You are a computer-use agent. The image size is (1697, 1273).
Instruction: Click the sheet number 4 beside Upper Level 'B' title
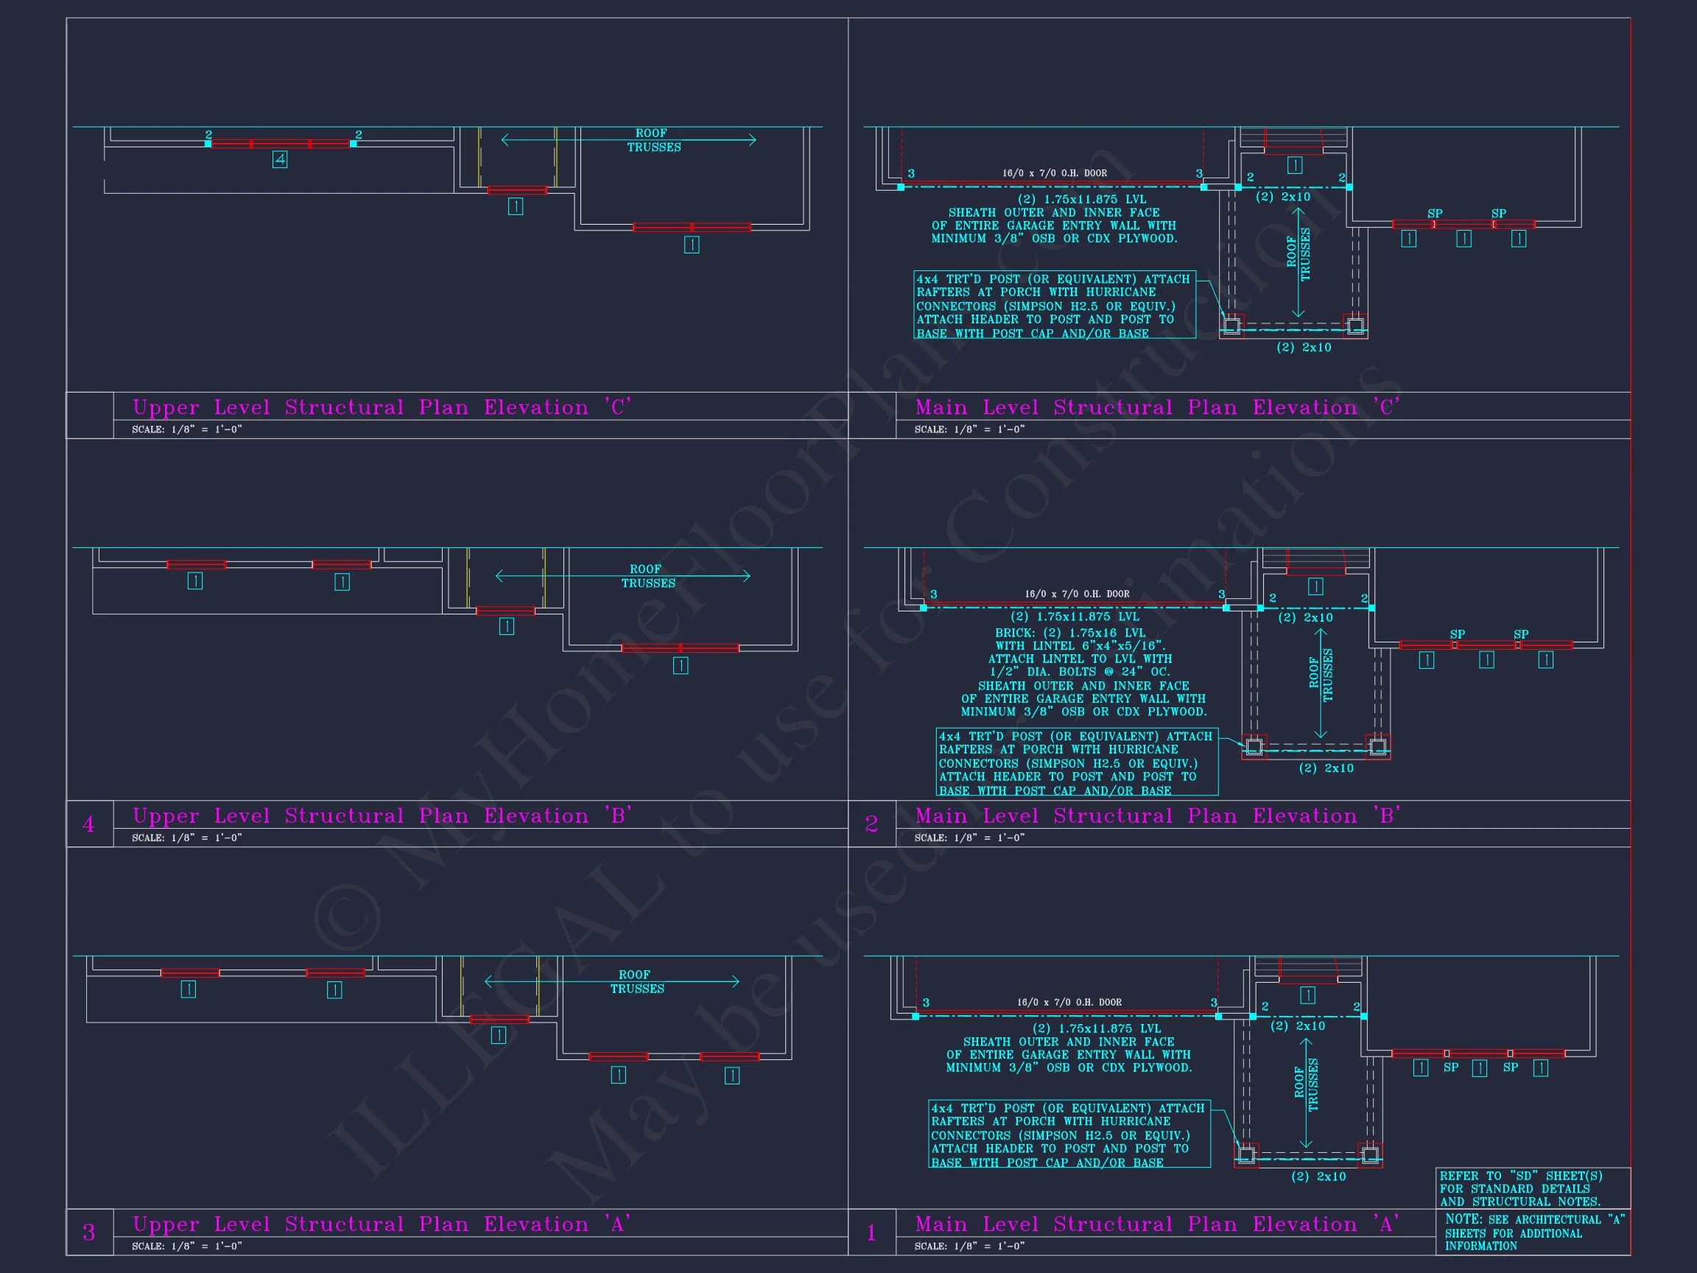click(88, 824)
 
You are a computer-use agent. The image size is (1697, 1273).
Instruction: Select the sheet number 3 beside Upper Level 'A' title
click(88, 1232)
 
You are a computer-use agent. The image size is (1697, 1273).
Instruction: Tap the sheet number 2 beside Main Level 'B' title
click(871, 824)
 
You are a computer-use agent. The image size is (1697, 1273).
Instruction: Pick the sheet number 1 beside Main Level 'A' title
click(871, 1232)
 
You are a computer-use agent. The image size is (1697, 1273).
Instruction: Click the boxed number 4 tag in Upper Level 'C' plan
click(280, 160)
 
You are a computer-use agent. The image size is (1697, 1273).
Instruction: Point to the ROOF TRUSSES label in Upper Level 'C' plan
click(653, 140)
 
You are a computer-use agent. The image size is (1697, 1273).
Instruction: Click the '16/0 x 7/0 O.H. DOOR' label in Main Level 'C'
click(1054, 173)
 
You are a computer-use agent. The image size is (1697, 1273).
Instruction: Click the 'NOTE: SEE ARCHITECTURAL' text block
click(1534, 1232)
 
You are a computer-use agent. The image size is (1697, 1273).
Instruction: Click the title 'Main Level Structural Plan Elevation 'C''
click(1158, 407)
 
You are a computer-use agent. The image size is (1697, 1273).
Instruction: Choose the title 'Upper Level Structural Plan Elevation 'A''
click(382, 1224)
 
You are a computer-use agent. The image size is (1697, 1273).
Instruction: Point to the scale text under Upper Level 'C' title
click(186, 429)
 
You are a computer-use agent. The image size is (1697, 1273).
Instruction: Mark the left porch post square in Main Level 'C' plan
click(1232, 326)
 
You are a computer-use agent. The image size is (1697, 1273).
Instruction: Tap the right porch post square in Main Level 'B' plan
click(1378, 746)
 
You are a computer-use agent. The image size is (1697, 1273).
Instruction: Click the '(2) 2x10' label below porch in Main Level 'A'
click(1318, 1176)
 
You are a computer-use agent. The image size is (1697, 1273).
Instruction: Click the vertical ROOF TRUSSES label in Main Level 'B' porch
click(1321, 676)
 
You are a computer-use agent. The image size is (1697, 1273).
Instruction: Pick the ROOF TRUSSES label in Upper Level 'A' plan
click(637, 981)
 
